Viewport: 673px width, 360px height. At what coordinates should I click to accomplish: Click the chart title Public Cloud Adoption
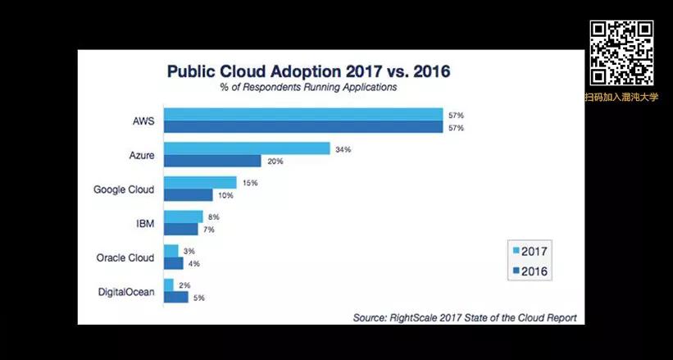click(308, 71)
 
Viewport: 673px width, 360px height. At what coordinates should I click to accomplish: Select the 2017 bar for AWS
click(303, 115)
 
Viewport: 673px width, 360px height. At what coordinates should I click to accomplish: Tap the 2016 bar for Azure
click(212, 162)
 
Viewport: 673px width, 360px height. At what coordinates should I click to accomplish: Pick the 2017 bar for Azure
click(247, 149)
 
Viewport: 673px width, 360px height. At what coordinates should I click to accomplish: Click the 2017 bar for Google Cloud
click(200, 183)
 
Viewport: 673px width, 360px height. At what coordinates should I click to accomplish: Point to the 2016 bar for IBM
click(181, 230)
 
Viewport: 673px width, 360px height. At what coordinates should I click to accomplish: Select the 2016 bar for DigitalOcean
click(176, 297)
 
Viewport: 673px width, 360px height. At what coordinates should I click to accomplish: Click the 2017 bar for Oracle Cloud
click(171, 251)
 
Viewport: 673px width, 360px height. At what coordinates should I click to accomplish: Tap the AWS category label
click(143, 121)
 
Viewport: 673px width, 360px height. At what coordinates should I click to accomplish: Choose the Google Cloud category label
click(124, 189)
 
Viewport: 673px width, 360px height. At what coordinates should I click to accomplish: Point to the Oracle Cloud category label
click(125, 257)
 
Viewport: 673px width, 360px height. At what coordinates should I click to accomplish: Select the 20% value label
click(274, 162)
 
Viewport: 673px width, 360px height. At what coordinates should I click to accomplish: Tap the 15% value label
click(248, 183)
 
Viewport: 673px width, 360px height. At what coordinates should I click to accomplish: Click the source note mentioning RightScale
click(464, 317)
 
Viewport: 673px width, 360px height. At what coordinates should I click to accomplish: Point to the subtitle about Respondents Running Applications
click(308, 87)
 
